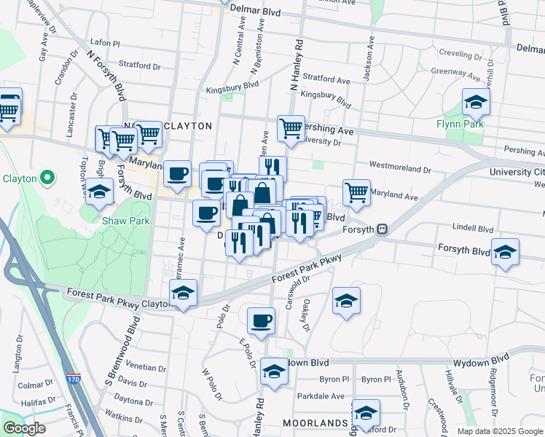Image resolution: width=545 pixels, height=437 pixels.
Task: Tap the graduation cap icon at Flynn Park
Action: click(475, 103)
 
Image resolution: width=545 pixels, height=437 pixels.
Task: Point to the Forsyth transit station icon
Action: click(381, 229)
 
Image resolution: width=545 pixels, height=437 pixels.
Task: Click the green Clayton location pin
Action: click(48, 177)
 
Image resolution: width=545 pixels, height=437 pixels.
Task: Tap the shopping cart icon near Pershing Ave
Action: click(290, 128)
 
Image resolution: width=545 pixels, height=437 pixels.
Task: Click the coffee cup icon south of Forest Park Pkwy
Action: click(261, 320)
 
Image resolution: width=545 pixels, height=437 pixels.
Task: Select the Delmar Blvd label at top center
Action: click(256, 9)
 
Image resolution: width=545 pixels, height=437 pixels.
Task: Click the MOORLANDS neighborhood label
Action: click(315, 423)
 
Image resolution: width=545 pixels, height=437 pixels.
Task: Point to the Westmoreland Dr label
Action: click(400, 168)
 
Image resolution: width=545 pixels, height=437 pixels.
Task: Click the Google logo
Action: click(24, 428)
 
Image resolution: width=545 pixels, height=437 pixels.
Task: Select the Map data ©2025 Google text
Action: click(500, 431)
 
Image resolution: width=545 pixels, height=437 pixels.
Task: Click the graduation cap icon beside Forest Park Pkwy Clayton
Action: click(182, 293)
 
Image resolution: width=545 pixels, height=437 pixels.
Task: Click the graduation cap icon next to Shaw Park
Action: click(101, 192)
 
